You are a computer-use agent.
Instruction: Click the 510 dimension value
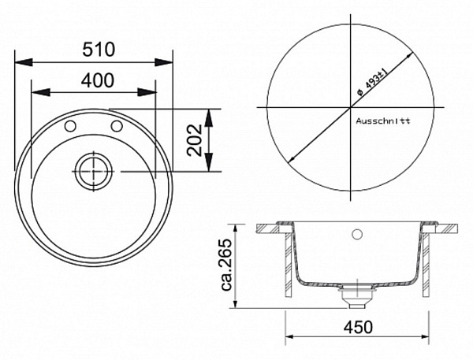click(x=99, y=49)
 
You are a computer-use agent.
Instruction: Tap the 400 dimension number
click(x=98, y=80)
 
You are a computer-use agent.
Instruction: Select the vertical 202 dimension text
click(x=194, y=140)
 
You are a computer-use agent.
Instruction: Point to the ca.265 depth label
click(x=226, y=265)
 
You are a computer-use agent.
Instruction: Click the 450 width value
click(x=358, y=326)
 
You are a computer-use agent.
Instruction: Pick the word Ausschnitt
click(x=383, y=121)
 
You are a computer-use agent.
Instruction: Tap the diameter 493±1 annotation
click(x=371, y=82)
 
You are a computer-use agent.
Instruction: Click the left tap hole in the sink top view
click(x=70, y=126)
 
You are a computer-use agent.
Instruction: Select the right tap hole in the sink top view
click(x=117, y=126)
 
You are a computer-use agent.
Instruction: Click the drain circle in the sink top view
click(x=94, y=171)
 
